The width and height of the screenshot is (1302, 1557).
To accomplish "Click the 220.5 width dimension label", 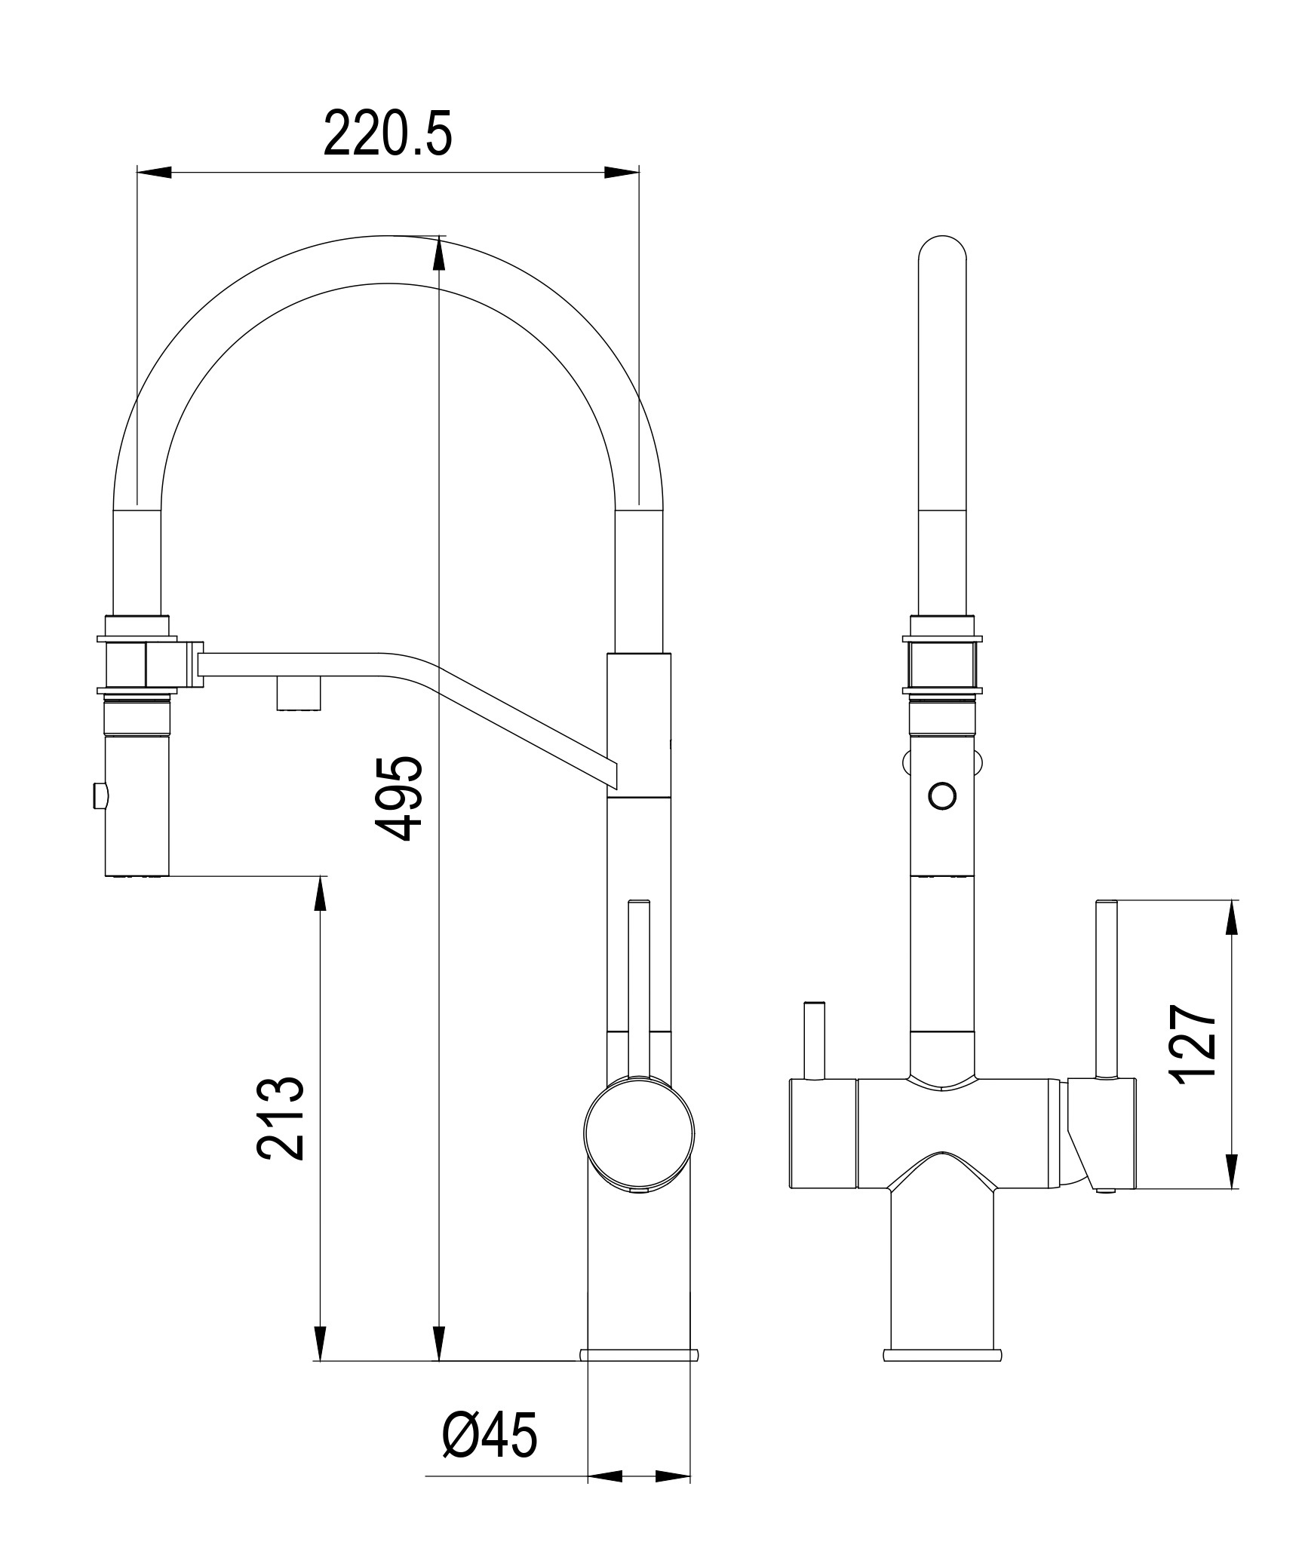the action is click(388, 133).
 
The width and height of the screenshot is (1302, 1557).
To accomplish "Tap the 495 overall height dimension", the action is click(400, 798).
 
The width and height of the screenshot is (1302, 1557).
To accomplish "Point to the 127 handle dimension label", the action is click(1193, 1044).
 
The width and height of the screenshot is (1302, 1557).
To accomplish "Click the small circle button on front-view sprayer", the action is click(942, 795).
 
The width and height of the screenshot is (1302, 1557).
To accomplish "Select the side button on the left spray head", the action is click(97, 795).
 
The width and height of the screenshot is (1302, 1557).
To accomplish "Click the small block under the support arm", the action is click(300, 692).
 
